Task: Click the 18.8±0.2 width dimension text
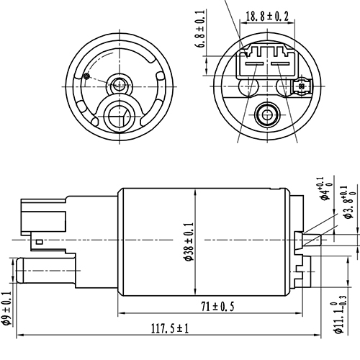(269, 15)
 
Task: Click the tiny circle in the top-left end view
(86, 76)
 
